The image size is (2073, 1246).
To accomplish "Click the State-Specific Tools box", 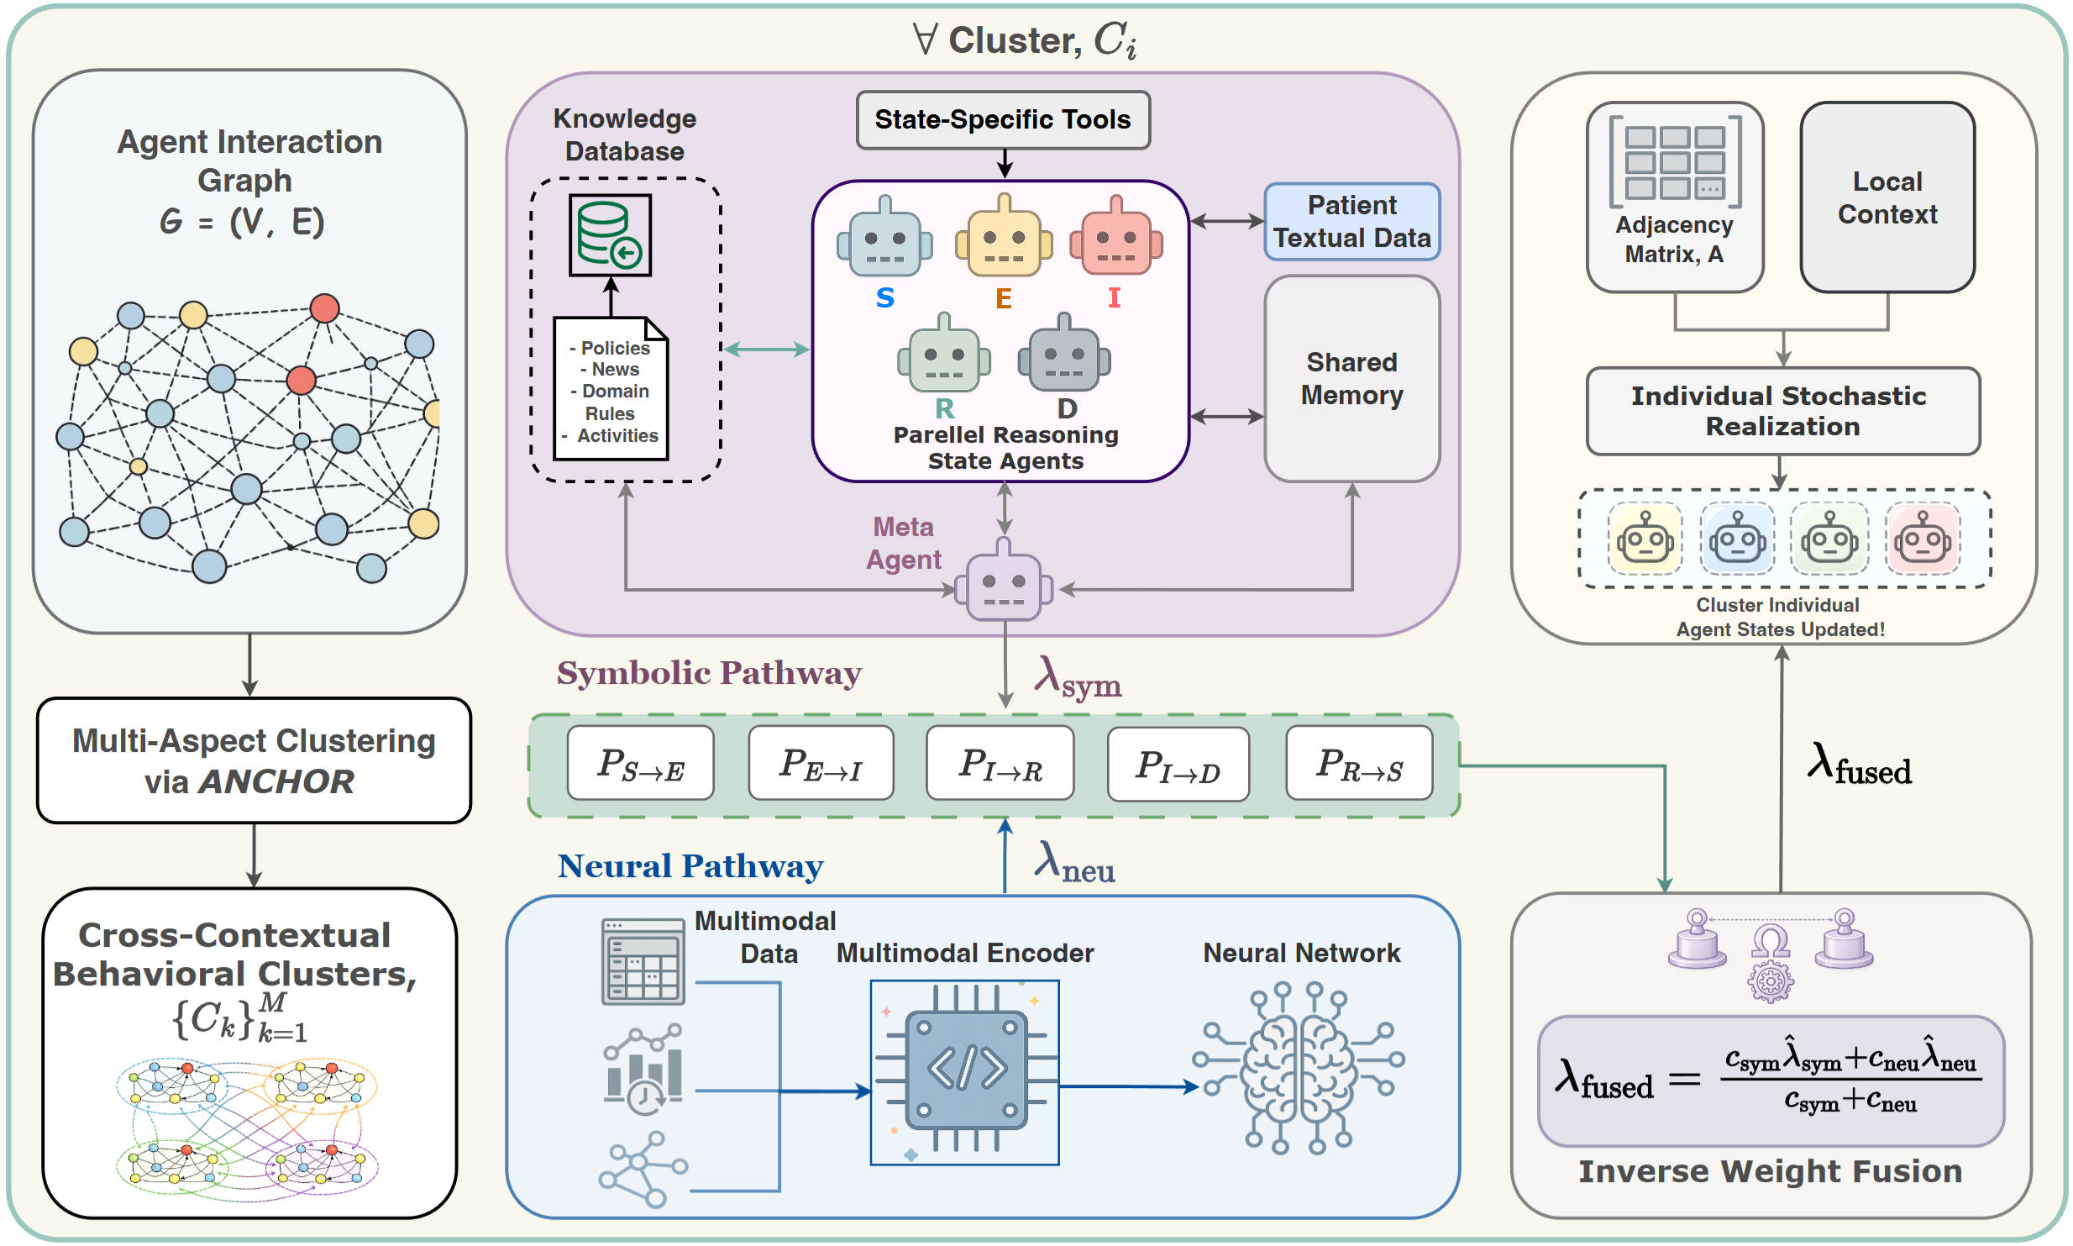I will (x=1002, y=120).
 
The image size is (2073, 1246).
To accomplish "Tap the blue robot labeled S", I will (x=884, y=239).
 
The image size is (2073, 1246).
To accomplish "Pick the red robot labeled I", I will (x=1115, y=239).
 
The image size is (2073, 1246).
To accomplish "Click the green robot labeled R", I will (x=944, y=356).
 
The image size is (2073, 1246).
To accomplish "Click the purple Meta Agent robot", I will (x=1004, y=582).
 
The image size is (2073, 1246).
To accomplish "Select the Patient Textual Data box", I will (x=1351, y=222).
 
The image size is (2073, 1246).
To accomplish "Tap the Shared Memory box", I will (x=1351, y=379).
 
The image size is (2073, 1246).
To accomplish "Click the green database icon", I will (x=610, y=235).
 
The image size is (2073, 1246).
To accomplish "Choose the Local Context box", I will (x=1887, y=198).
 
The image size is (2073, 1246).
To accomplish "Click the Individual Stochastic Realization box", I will (x=1782, y=411).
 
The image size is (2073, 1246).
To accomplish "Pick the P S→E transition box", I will (x=640, y=764).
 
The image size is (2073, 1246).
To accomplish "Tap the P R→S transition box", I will (x=1358, y=764).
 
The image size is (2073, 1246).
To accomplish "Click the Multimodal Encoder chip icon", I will (x=965, y=1072).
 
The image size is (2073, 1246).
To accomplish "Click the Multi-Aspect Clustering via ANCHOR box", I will (x=254, y=760).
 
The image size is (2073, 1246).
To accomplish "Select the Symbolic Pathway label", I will (x=709, y=673).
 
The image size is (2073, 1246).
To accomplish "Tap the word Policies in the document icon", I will (x=615, y=348).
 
